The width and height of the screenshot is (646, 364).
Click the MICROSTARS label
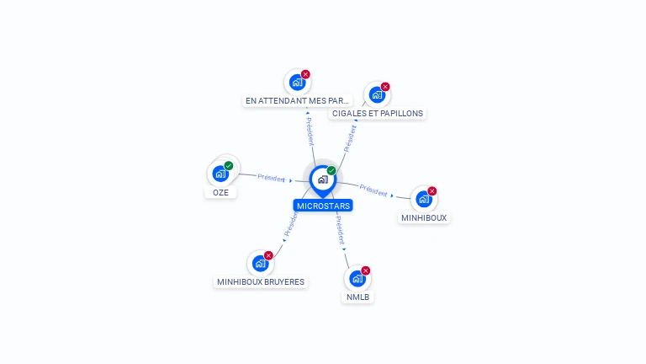tap(323, 206)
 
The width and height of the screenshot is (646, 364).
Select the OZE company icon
tap(220, 174)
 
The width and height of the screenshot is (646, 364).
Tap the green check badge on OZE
tap(229, 165)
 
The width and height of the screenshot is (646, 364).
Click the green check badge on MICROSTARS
tap(331, 170)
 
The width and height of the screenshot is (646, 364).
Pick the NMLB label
tap(357, 297)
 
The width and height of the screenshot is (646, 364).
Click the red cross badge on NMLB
tap(365, 270)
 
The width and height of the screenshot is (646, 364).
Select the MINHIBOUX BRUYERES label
tap(261, 282)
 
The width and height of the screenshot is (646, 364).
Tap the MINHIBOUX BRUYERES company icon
tap(261, 263)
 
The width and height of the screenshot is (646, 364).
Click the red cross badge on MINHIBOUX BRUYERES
tap(268, 255)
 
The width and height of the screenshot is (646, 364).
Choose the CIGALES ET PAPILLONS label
tap(378, 114)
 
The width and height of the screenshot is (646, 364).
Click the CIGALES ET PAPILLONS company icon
tap(377, 95)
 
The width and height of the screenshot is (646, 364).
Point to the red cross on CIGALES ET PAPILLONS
tap(385, 87)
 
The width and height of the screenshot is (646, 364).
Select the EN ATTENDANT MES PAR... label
tap(297, 101)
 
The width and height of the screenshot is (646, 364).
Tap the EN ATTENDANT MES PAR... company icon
tap(297, 83)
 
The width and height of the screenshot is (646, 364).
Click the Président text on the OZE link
tap(271, 178)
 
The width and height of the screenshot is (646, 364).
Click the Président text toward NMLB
tap(341, 230)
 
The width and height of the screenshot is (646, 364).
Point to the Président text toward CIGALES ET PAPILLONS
tap(350, 139)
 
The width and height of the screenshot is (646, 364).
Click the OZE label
tap(220, 192)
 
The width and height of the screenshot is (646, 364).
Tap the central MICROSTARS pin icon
tap(323, 180)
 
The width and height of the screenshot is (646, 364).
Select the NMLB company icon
tap(357, 279)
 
